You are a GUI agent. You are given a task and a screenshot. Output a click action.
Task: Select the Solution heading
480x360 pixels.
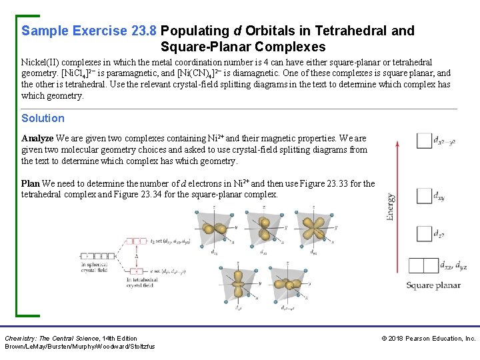coord(43,118)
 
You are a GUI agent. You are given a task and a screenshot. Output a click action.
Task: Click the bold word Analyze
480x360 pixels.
coord(38,139)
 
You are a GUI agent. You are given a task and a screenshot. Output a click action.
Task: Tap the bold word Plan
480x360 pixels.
coord(30,183)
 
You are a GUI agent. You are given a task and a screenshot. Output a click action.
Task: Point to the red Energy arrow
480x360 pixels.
coord(398,207)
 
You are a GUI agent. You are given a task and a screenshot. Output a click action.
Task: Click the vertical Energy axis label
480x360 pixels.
coord(390,207)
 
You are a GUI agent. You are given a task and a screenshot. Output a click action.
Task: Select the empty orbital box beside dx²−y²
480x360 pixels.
coord(423,141)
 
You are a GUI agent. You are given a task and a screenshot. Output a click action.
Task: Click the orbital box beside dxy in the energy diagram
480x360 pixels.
coord(423,196)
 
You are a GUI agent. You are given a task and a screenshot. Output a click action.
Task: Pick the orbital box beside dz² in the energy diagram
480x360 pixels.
coord(423,234)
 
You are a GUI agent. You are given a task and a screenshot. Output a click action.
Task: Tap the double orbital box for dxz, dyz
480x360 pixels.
coord(423,265)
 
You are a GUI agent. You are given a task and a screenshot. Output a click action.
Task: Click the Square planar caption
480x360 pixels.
coord(433,285)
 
